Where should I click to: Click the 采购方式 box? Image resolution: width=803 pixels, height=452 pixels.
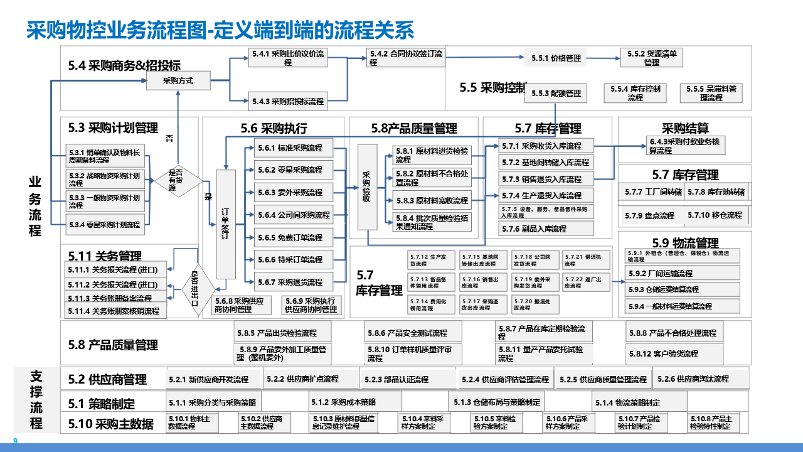178,80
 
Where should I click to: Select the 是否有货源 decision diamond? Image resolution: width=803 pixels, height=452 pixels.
177,180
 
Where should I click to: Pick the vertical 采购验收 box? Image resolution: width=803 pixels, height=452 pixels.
367,187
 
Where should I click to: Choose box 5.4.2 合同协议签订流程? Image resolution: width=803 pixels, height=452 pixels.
406,58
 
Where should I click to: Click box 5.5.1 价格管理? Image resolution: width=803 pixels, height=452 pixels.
556,58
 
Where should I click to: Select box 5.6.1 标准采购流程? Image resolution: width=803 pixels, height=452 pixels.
288,148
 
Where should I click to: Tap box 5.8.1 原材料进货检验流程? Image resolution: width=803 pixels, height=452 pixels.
432,155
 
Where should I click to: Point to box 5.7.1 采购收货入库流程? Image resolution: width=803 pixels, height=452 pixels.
546,146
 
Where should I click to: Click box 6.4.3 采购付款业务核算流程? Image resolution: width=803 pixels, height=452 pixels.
686,146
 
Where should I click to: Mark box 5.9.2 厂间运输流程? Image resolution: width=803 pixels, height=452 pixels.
683,273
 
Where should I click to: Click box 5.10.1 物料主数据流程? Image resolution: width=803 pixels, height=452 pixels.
193,422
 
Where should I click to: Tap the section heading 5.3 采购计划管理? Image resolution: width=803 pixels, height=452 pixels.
113,129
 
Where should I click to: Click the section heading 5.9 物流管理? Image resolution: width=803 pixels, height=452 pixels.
685,243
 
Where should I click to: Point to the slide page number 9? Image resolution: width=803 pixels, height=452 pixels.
16,441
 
